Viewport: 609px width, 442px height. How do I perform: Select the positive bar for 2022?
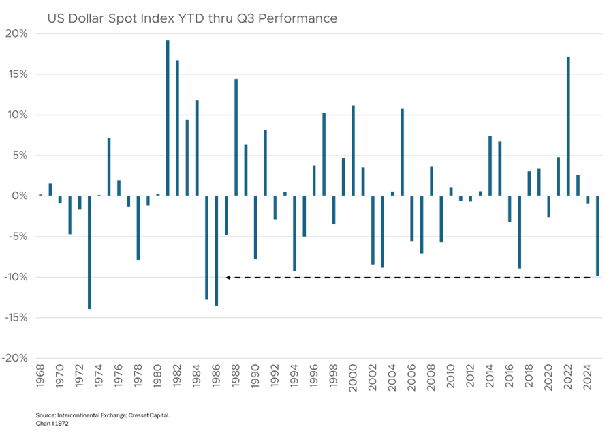pyautogui.click(x=568, y=126)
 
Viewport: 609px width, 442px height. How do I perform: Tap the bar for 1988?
pyautogui.click(x=236, y=136)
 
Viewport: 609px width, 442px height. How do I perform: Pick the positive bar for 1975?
pyautogui.click(x=109, y=166)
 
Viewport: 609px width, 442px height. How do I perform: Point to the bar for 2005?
pyautogui.click(x=403, y=151)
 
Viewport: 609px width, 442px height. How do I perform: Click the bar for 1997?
pyautogui.click(x=324, y=154)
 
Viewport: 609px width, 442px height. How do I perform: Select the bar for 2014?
pyautogui.click(x=490, y=166)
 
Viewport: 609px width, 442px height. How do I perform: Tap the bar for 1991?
pyautogui.click(x=266, y=162)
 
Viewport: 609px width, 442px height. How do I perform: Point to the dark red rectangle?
pyautogui.click(x=114, y=257)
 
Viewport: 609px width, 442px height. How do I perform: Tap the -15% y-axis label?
pyautogui.click(x=16, y=317)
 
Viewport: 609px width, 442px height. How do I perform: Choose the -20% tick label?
pyautogui.click(x=16, y=358)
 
